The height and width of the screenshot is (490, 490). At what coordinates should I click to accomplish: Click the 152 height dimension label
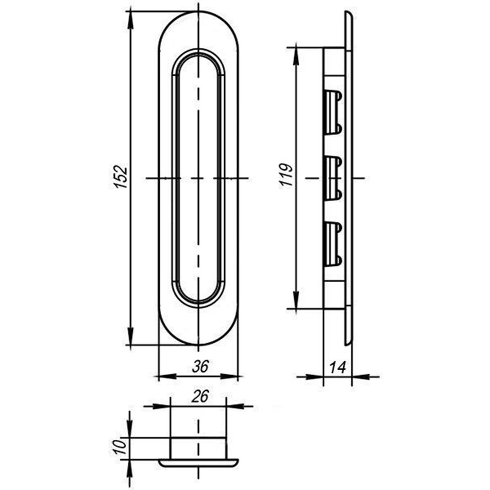coord(120,177)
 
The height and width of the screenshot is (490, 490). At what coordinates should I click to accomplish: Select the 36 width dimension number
coord(200,366)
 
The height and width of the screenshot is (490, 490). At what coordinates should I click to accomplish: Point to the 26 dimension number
coord(200,396)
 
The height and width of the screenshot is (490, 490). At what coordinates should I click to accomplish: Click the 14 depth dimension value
coord(338,367)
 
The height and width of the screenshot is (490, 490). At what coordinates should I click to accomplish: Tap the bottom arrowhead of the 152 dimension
coord(130,336)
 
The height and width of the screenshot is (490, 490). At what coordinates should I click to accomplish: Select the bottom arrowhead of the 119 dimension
coord(296,300)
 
